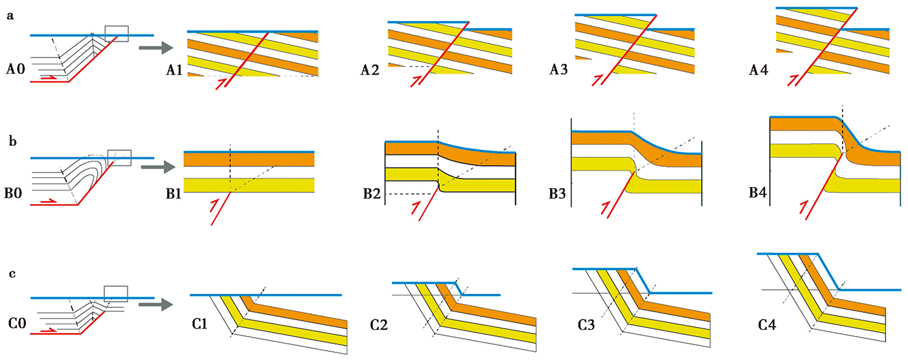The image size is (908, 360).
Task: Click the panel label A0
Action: click(x=16, y=69)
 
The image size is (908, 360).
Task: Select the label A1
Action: click(x=176, y=71)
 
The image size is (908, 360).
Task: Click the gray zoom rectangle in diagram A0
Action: click(x=117, y=34)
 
